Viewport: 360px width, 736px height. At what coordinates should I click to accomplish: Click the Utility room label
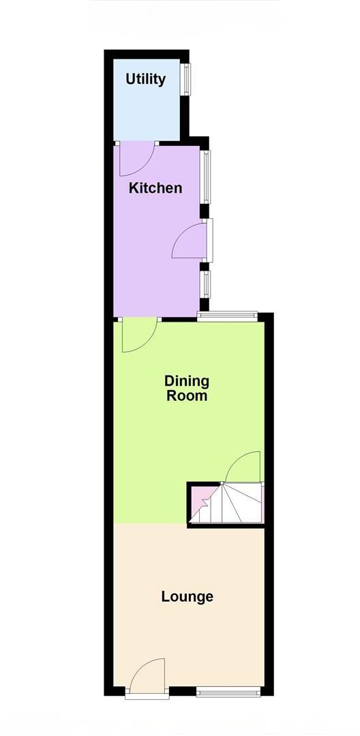pos(145,79)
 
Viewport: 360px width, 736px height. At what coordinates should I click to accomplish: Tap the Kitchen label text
pos(156,187)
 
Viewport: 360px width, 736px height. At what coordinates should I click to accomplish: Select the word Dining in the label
pos(187,381)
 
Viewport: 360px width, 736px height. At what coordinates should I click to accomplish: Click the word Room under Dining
pos(187,395)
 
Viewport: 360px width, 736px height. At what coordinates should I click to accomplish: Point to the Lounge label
pos(187,597)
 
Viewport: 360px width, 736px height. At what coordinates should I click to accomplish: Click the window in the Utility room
pos(185,80)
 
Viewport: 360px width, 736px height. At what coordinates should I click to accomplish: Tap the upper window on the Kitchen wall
pos(205,176)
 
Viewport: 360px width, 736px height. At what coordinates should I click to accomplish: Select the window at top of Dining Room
pos(227,314)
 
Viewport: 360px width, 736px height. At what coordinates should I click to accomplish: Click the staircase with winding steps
pos(235,504)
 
